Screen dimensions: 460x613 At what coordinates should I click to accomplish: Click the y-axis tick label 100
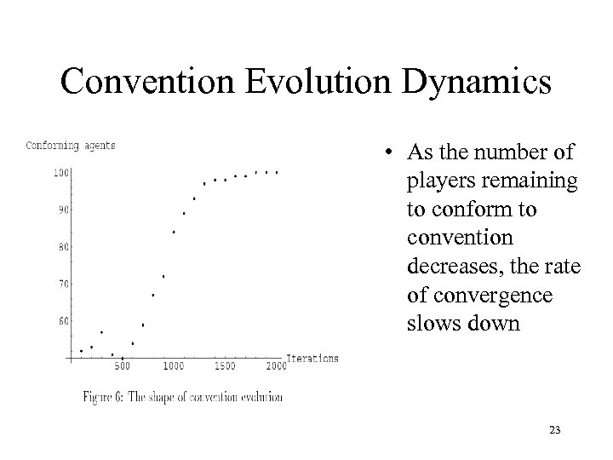(x=61, y=174)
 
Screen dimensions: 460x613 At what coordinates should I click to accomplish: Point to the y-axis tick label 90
(x=63, y=210)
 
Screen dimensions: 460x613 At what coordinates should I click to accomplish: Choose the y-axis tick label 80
(x=63, y=247)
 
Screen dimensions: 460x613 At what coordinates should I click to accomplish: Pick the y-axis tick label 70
(x=63, y=284)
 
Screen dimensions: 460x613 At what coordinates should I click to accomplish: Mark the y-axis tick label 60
(x=63, y=321)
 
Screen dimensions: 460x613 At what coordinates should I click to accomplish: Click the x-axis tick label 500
(x=122, y=367)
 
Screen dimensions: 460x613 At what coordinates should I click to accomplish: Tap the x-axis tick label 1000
(x=173, y=367)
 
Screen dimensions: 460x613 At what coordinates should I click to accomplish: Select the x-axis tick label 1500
(x=225, y=367)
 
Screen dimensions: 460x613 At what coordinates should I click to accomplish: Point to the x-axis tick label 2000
(x=276, y=367)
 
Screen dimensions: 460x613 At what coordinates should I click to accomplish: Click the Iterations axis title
(x=312, y=358)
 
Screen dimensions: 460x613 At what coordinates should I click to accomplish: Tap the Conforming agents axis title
(x=71, y=145)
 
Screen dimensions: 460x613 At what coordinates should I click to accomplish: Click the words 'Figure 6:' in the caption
(x=105, y=397)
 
